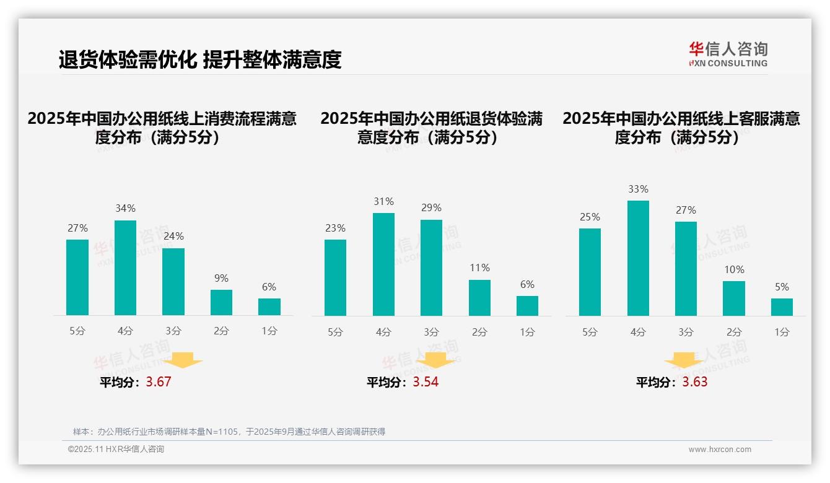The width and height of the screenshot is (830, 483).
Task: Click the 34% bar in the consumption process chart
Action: click(125, 268)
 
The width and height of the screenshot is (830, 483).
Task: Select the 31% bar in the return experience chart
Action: click(383, 264)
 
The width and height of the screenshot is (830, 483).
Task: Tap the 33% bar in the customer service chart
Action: click(638, 258)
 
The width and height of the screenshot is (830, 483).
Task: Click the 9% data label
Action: click(221, 279)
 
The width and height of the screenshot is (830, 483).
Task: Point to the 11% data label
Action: click(479, 268)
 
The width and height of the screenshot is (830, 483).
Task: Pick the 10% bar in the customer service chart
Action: click(734, 298)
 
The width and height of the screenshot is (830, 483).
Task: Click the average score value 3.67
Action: click(159, 382)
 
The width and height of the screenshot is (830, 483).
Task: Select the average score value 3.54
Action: click(426, 382)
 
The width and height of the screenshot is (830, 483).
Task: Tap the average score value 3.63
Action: click(695, 382)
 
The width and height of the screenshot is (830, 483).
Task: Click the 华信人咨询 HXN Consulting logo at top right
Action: click(728, 54)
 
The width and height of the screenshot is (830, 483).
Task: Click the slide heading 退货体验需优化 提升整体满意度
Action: click(200, 60)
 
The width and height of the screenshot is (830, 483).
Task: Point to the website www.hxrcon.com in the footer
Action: click(720, 450)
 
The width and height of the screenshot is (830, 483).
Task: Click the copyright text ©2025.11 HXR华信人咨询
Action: click(116, 450)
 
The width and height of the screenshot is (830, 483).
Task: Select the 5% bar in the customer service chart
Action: click(782, 307)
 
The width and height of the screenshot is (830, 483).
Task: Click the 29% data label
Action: click(431, 208)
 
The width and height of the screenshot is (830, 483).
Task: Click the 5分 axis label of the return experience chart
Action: click(335, 333)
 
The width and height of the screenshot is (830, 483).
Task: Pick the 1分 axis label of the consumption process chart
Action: click(269, 331)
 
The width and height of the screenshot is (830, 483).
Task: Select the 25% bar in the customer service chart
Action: click(590, 272)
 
